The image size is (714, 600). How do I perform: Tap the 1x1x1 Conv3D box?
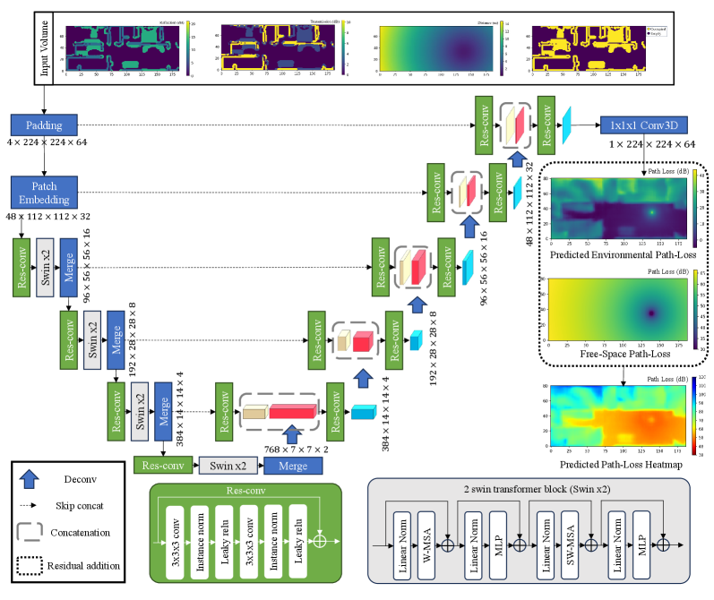645,125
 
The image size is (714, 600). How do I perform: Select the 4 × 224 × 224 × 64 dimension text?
46,143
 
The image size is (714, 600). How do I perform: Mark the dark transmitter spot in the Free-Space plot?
652,313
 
